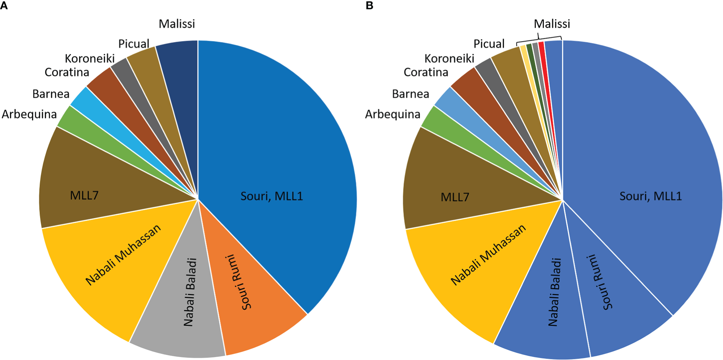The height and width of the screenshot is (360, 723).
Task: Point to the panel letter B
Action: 369,6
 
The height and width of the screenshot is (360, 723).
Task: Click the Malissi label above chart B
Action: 551,24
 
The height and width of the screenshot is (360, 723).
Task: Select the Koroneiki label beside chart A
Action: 90,58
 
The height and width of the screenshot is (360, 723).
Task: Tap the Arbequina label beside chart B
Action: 393,114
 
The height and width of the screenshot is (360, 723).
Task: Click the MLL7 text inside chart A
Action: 84,195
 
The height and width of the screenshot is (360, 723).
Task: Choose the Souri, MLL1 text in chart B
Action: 650,196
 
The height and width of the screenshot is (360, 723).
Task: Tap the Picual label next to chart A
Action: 134,44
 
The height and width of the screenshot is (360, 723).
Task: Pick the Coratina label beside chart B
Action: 426,72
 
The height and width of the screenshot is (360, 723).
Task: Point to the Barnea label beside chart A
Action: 51,94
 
